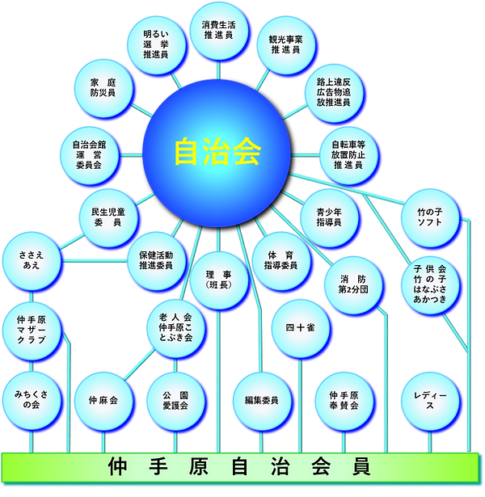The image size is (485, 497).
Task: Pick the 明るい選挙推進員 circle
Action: [x=155, y=44]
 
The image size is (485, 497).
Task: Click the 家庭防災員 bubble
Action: [x=102, y=88]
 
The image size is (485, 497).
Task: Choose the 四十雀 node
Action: [x=299, y=329]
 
